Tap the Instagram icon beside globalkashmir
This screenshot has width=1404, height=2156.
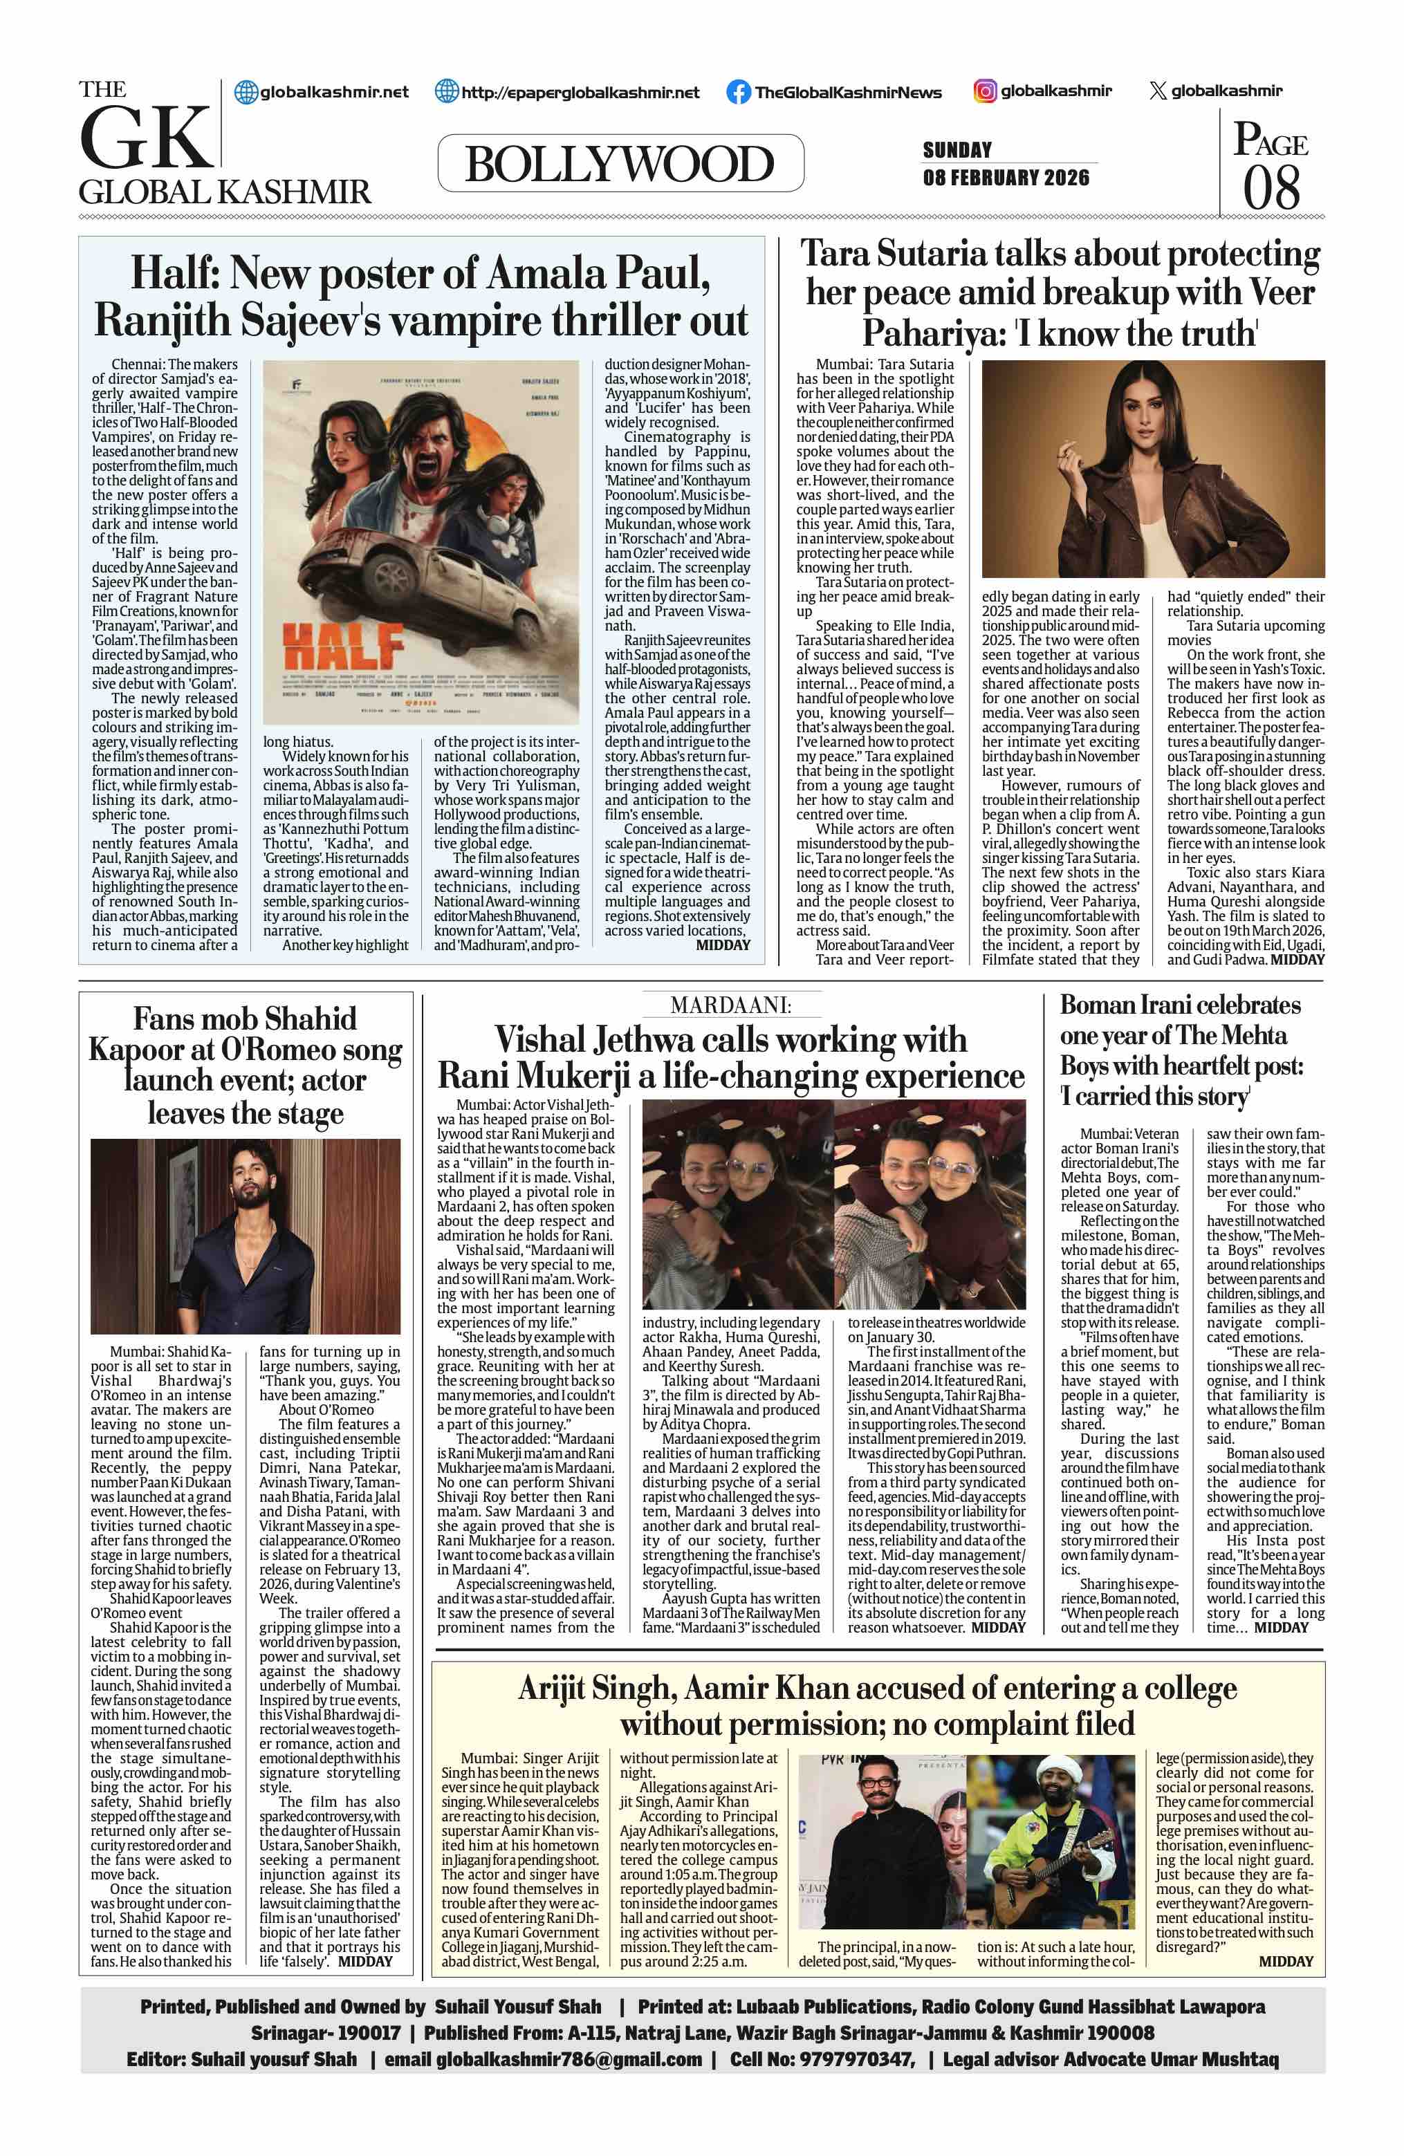[985, 91]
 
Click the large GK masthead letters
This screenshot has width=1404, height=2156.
[145, 138]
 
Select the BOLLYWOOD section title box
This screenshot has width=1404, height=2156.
[620, 164]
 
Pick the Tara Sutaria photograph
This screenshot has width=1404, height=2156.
[1152, 468]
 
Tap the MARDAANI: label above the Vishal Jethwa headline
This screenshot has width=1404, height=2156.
[731, 1005]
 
